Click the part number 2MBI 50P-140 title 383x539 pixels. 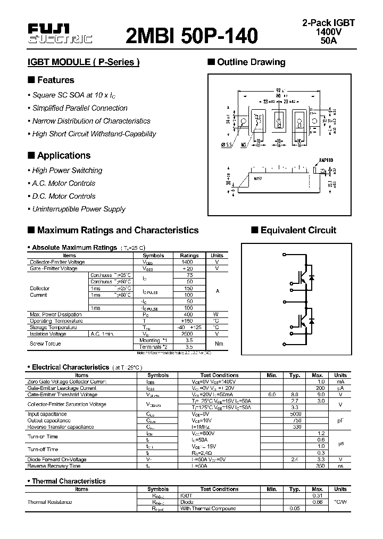click(192, 35)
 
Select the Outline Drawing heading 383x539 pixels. click(251, 62)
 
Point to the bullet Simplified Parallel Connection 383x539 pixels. click(80, 108)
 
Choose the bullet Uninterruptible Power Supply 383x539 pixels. click(79, 209)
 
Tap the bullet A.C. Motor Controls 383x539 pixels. click(63, 183)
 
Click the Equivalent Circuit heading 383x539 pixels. click(298, 230)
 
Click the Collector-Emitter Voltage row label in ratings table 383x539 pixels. click(57, 262)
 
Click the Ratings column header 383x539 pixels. click(189, 256)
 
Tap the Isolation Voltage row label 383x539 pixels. click(48, 334)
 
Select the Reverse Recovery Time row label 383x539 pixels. click(53, 466)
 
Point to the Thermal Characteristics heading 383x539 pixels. click(69, 481)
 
